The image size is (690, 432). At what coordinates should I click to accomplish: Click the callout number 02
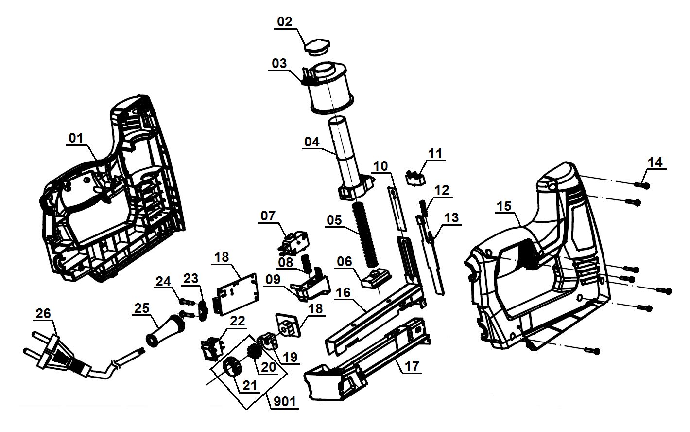tap(285, 22)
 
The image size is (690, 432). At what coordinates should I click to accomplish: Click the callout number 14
tap(655, 162)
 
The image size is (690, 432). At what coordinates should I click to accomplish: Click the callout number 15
tap(504, 206)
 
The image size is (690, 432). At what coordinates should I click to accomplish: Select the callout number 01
tap(75, 138)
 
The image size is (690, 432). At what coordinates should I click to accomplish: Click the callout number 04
tap(312, 142)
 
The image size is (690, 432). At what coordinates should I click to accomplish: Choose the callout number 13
tap(451, 217)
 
